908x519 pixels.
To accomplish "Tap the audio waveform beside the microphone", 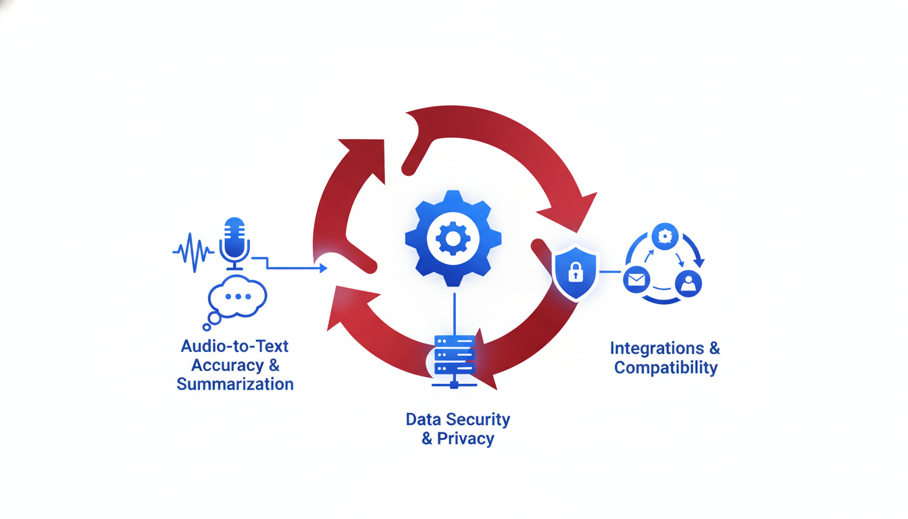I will point(193,251).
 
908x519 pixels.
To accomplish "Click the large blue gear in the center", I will point(453,238).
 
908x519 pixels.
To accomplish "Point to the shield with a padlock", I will point(575,272).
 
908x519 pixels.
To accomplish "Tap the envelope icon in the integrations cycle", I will point(636,278).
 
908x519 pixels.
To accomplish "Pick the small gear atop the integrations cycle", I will point(665,235).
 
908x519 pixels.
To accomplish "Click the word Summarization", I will point(235,385).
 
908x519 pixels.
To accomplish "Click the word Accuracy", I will point(227,366).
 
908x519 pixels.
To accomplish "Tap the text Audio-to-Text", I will point(235,346).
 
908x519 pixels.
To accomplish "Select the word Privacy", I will point(465,439).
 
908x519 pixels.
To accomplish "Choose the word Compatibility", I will point(665,368).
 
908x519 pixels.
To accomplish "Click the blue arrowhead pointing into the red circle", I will point(322,268).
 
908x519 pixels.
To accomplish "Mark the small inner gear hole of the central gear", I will point(449,238).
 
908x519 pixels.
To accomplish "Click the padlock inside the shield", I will point(575,273).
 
